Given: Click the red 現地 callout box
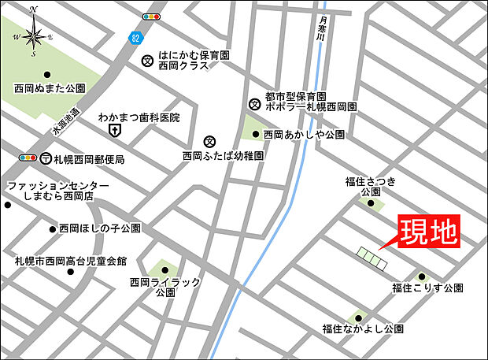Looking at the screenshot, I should pyautogui.click(x=427, y=232).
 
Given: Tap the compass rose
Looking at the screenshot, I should pyautogui.click(x=33, y=35).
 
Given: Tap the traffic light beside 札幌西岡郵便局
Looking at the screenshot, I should pyautogui.click(x=28, y=158).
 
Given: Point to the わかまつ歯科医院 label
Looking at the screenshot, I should pyautogui.click(x=139, y=117).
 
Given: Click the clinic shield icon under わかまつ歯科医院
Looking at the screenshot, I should pyautogui.click(x=115, y=131).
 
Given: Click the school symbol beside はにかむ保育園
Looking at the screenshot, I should pyautogui.click(x=147, y=61).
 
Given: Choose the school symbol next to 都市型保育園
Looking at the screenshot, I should pyautogui.click(x=254, y=102).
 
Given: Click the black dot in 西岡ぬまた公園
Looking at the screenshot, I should pyautogui.click(x=46, y=75).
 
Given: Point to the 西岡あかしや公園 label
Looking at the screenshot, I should pyautogui.click(x=304, y=135).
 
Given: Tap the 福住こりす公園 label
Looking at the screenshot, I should pyautogui.click(x=428, y=289).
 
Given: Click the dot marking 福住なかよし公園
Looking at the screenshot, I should pyautogui.click(x=360, y=315).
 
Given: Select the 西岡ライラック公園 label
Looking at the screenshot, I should pyautogui.click(x=166, y=287).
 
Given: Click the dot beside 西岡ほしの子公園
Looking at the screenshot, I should pyautogui.click(x=53, y=229).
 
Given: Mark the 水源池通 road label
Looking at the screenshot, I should pyautogui.click(x=67, y=120).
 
